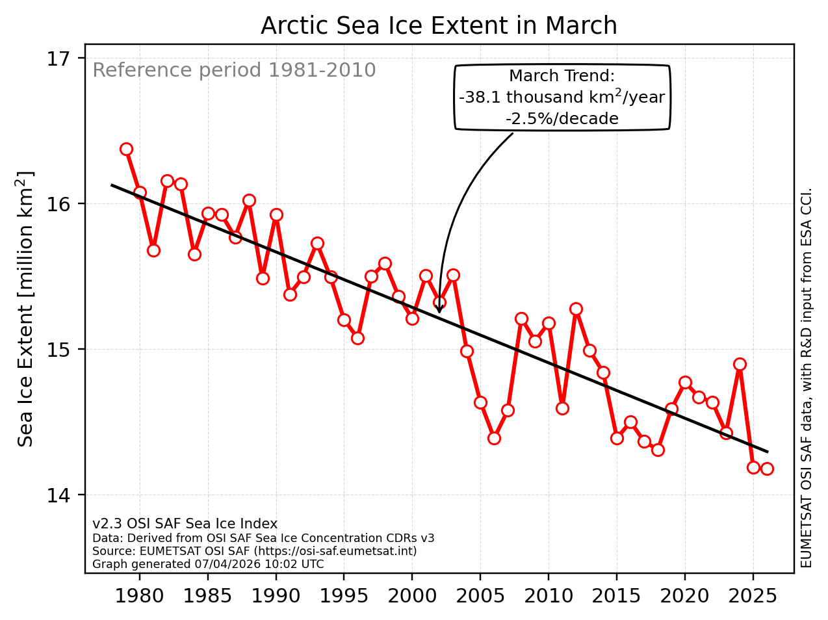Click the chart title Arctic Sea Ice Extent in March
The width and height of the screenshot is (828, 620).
tap(439, 26)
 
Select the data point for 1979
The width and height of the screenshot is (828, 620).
tap(126, 149)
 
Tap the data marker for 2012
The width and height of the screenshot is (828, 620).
tap(576, 309)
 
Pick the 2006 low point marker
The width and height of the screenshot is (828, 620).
tap(494, 438)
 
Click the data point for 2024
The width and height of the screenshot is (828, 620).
tap(740, 364)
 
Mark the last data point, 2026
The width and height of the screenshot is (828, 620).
tap(767, 469)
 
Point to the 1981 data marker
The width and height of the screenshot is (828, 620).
tap(153, 250)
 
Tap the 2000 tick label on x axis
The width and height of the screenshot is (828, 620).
tap(412, 596)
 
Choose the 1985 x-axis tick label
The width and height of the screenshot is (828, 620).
tap(208, 596)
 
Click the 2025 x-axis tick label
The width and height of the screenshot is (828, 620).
tap(753, 596)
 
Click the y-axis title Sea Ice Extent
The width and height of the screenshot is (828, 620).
tap(26, 309)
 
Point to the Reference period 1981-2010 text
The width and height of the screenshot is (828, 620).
tap(234, 70)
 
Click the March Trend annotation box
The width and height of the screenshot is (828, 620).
tap(562, 97)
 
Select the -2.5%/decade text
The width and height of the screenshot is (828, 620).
tap(562, 119)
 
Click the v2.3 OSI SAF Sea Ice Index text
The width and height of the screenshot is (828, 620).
tap(185, 524)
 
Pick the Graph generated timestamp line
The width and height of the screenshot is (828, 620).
tap(208, 564)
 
